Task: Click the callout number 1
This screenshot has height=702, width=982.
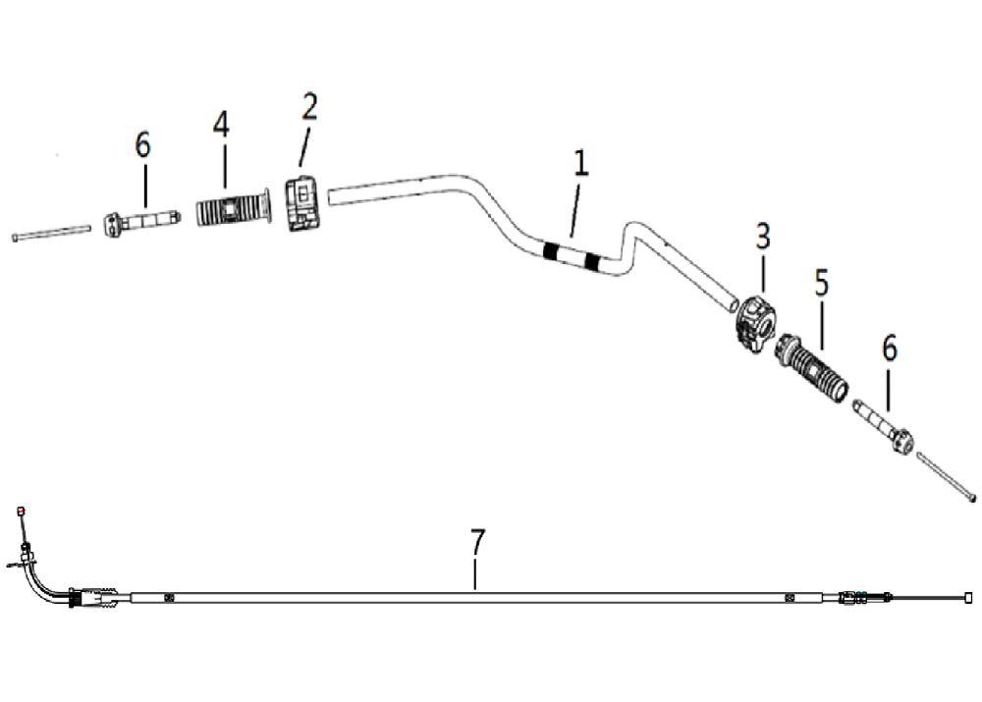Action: point(581,163)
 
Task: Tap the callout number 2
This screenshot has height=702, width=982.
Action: point(309,106)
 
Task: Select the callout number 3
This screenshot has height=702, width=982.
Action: point(762,236)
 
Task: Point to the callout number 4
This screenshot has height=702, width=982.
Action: point(220,124)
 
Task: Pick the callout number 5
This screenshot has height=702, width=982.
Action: point(822,283)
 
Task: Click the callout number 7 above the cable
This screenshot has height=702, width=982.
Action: point(477,542)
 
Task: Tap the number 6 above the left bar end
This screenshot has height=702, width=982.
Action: point(142,144)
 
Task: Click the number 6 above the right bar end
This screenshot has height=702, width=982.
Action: point(890,349)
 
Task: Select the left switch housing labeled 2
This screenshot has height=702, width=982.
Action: point(303,204)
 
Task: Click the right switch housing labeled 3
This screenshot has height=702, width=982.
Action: point(756,324)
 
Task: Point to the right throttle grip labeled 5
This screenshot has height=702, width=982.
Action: point(812,368)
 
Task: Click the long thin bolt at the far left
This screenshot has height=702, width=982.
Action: point(51,233)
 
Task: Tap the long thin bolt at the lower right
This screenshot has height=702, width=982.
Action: point(947,475)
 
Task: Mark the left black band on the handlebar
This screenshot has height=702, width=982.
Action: point(550,249)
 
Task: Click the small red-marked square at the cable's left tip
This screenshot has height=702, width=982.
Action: point(22,511)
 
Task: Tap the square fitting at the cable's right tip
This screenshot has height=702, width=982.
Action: point(968,597)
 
